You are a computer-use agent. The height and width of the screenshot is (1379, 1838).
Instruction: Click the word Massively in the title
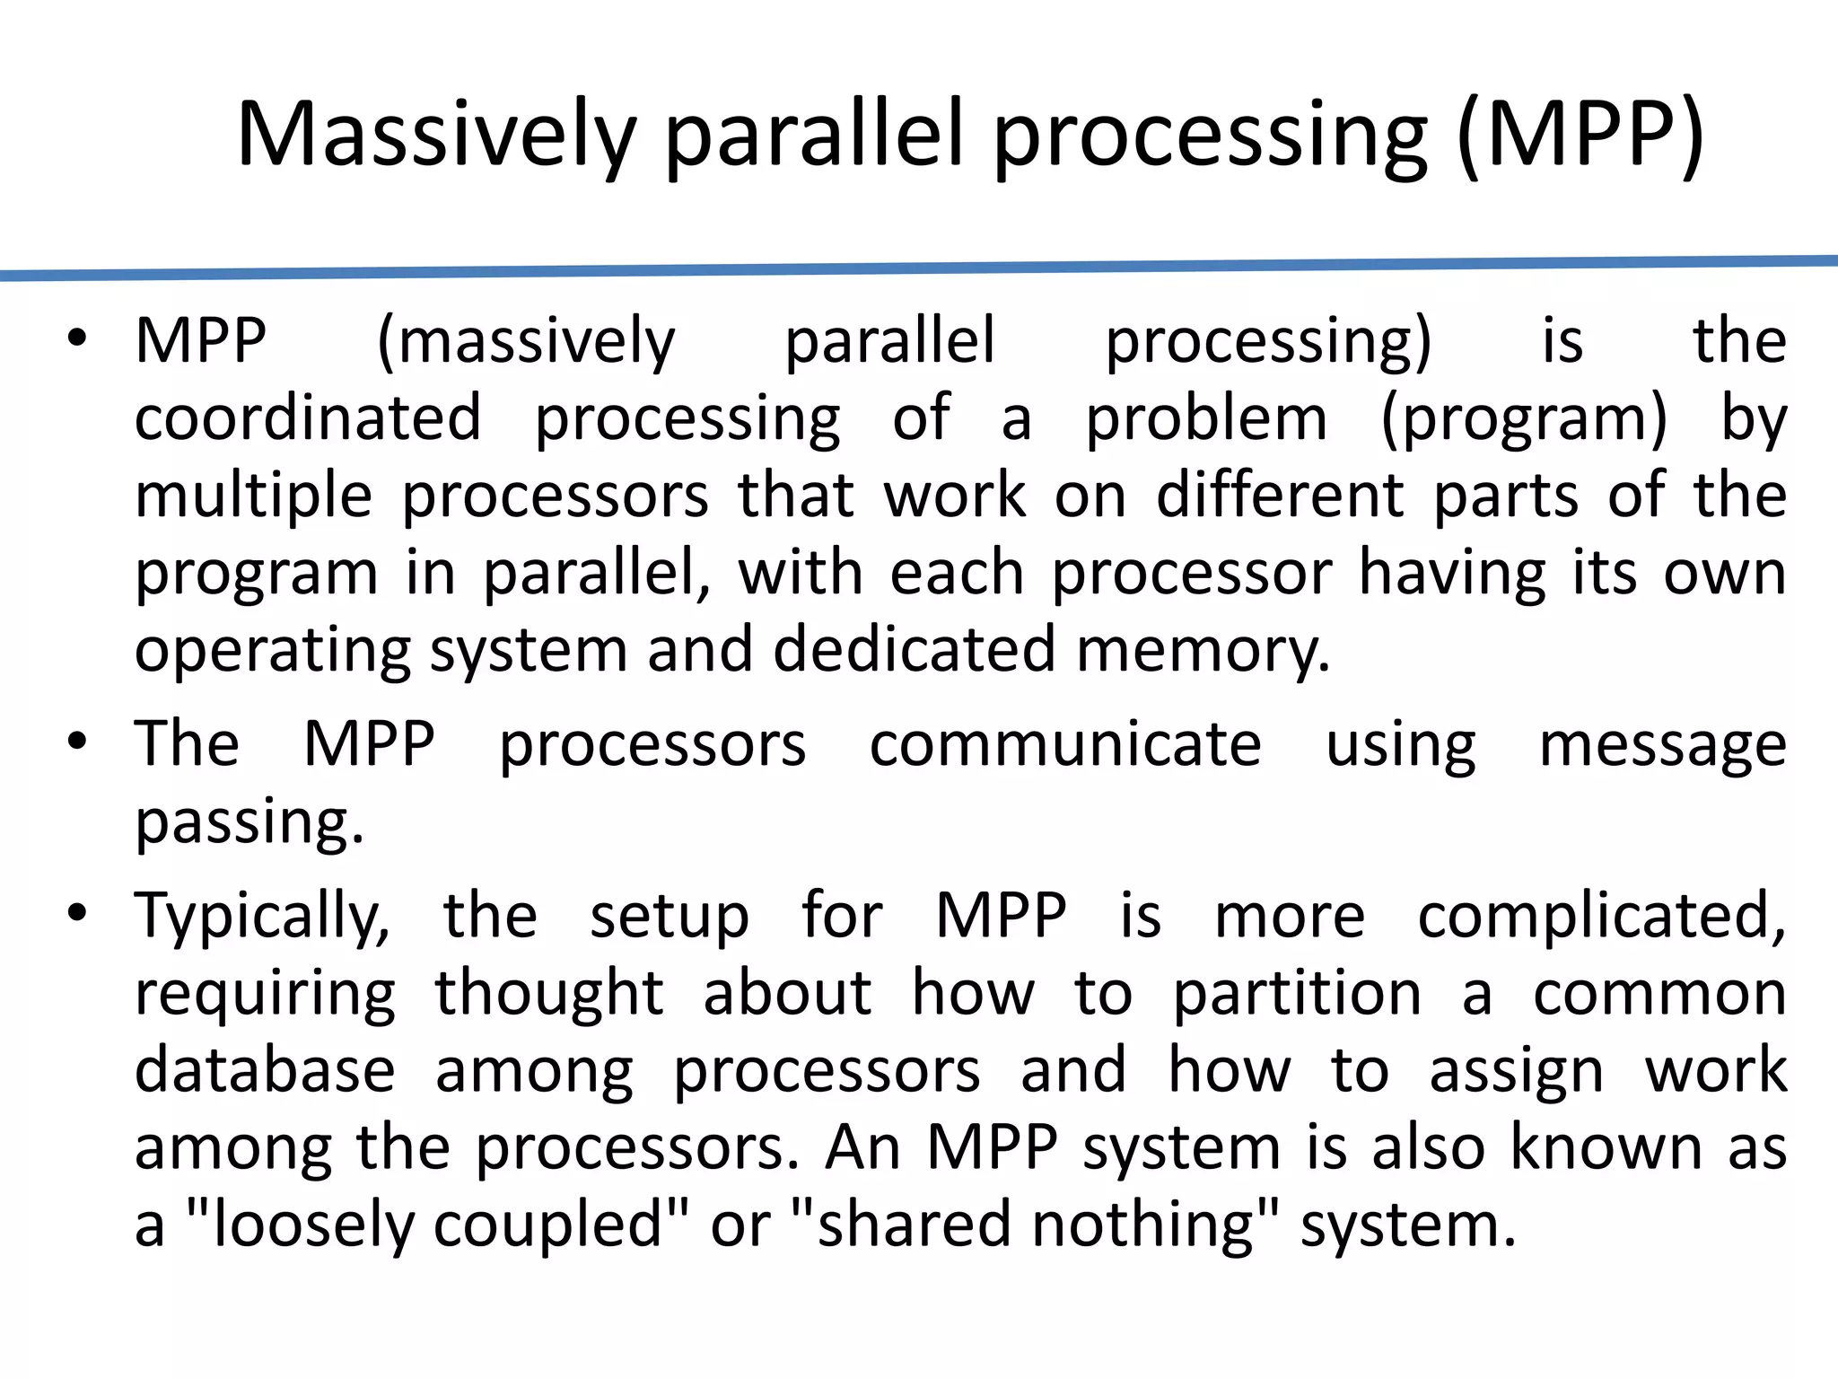[436, 135]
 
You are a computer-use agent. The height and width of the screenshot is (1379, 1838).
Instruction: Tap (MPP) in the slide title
[1580, 135]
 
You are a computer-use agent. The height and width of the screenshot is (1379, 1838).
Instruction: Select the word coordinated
[308, 418]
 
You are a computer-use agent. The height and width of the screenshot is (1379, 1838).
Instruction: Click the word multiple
[253, 496]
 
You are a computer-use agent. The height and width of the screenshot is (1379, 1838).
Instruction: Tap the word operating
[272, 651]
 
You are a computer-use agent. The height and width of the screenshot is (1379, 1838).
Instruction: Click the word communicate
[1065, 744]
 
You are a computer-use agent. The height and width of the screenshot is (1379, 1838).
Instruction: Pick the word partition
[1298, 994]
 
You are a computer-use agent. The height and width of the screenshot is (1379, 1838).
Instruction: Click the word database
[265, 1070]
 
